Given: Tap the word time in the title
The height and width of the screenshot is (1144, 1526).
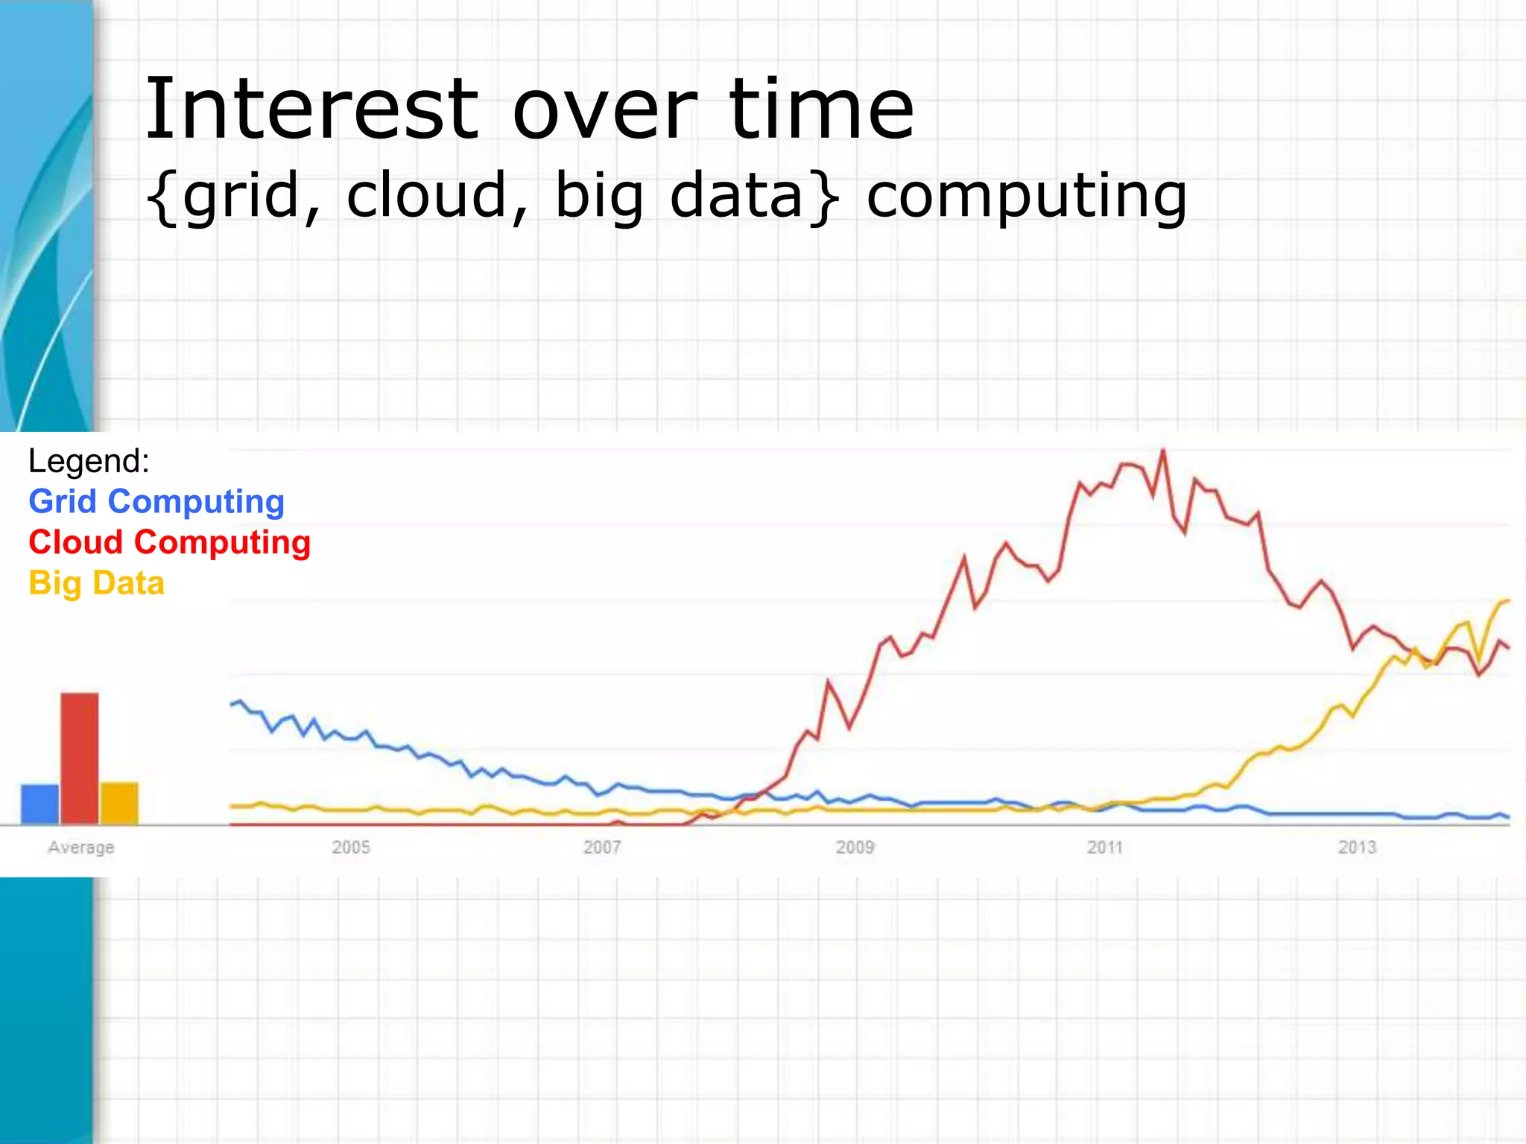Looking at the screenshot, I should click(821, 110).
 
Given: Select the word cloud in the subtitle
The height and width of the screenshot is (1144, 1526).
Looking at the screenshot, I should click(426, 195).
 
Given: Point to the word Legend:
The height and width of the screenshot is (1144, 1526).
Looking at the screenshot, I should click(89, 461).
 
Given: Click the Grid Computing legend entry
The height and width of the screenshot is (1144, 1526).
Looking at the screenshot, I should click(156, 501).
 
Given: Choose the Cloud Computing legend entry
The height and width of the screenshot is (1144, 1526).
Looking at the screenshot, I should click(169, 542).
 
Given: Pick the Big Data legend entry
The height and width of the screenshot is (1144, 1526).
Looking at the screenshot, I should click(96, 583).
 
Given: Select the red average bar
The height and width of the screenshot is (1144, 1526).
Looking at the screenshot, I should click(80, 757).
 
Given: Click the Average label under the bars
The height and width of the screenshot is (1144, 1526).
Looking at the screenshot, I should click(81, 848).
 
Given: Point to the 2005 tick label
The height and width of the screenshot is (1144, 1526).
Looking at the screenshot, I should click(351, 848).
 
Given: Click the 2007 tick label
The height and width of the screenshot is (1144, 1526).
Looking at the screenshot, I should click(602, 848).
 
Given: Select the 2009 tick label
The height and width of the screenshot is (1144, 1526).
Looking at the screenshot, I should click(855, 848).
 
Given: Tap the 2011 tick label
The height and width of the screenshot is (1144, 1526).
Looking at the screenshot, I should click(1105, 848).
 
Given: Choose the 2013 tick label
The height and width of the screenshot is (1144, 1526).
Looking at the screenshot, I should click(1357, 848).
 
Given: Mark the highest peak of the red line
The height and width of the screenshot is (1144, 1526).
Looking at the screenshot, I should click(1163, 451).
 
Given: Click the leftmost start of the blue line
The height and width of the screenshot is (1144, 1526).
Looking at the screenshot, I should click(232, 704).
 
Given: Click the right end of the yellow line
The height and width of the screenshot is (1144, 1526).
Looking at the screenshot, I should click(1508, 600).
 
